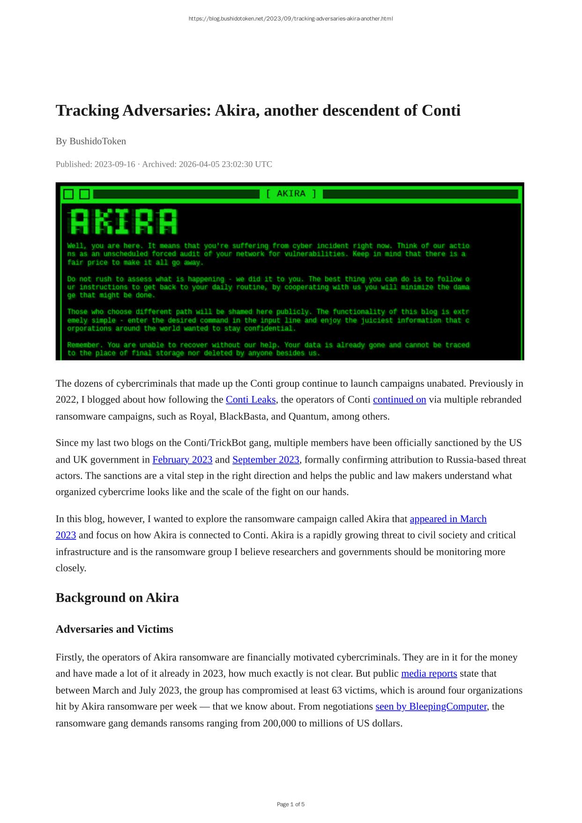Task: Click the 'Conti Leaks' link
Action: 250,400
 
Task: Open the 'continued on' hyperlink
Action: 399,400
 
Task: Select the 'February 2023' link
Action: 182,460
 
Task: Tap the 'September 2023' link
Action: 266,460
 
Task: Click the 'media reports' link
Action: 429,673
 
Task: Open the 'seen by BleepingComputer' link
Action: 431,706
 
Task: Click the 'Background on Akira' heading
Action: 117,598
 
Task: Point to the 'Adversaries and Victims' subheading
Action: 114,629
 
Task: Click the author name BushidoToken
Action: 97,141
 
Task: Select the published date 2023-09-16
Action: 114,164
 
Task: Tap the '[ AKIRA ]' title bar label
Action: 291,194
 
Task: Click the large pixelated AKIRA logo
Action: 123,221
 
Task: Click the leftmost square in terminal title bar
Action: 68,194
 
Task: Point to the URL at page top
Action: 291,19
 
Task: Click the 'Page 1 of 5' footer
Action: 291,804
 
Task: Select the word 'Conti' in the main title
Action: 441,111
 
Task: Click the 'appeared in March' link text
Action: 448,519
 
